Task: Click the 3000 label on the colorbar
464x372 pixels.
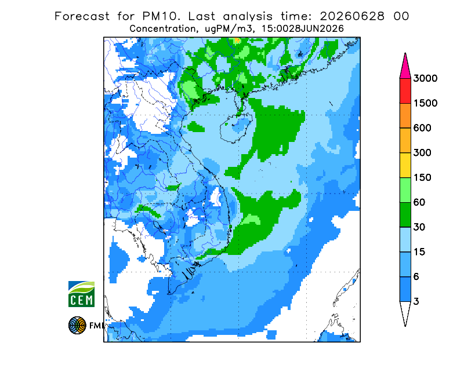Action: click(425, 78)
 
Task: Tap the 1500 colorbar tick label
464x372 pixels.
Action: click(425, 103)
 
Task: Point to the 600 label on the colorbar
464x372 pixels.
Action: click(422, 128)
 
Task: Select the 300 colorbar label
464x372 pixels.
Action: click(422, 153)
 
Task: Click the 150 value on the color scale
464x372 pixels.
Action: click(422, 178)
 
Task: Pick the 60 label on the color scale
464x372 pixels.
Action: click(419, 203)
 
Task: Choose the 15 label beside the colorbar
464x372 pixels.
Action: click(419, 252)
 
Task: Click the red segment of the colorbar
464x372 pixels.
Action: click(405, 91)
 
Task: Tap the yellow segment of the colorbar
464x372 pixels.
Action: click(405, 165)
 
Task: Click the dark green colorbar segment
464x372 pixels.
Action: click(405, 215)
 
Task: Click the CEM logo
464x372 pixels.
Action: click(81, 294)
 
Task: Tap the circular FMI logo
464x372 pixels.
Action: click(77, 325)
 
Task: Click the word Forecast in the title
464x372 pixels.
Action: click(82, 16)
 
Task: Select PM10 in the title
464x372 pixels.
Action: click(161, 16)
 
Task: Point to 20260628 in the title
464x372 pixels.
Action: click(352, 16)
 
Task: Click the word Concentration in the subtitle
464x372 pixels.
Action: click(162, 29)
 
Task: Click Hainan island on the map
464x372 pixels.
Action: click(236, 127)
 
